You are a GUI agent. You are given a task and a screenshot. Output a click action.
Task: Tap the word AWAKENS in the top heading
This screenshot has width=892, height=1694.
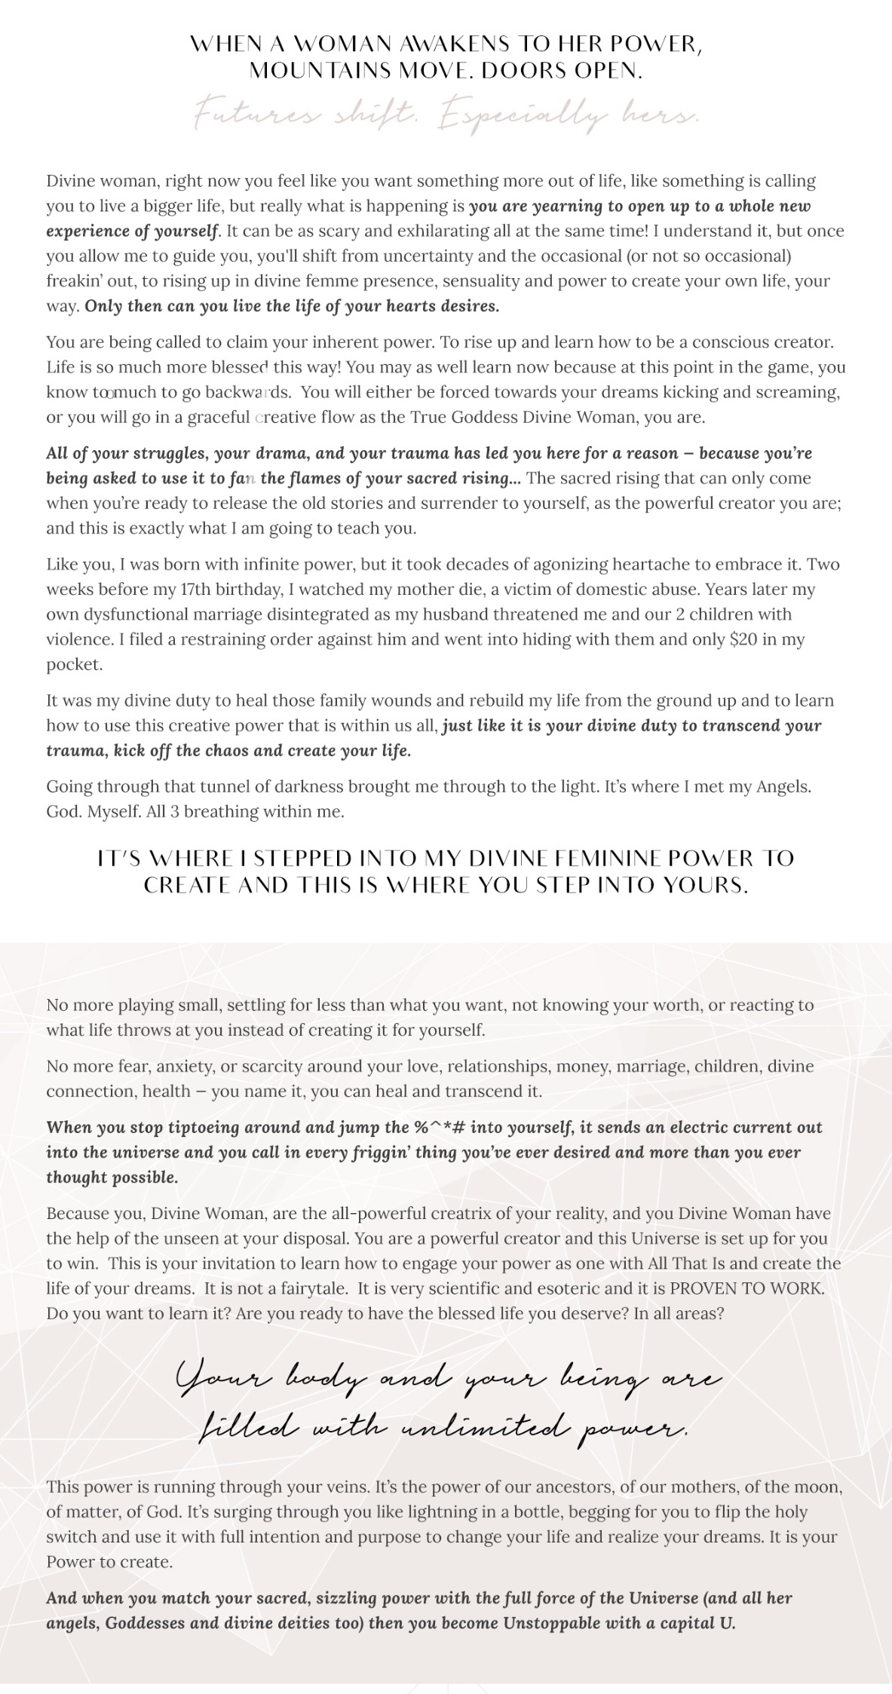[452, 44]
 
